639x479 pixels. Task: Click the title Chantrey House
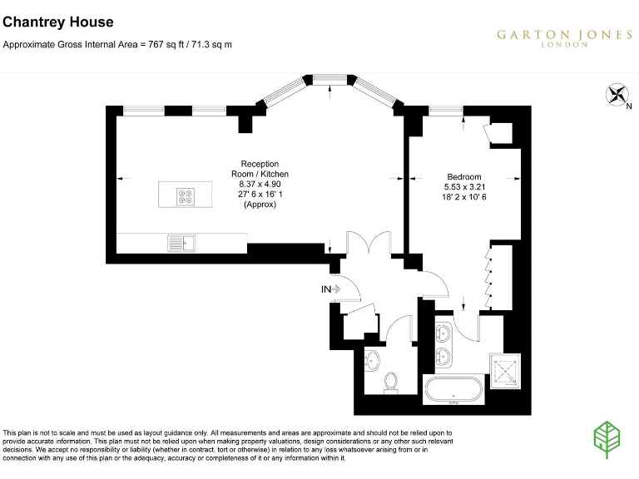coord(58,22)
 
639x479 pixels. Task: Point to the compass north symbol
coord(617,96)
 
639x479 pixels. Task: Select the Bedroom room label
coord(463,177)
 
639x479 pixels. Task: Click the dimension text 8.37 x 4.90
coord(260,184)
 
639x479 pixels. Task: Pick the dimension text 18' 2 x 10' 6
coord(463,197)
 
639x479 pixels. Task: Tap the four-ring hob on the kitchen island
coord(185,196)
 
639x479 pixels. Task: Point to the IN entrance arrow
coord(331,289)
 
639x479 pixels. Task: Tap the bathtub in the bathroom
coord(453,389)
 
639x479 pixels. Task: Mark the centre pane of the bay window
coord(329,78)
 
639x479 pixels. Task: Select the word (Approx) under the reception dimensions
coord(260,204)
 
